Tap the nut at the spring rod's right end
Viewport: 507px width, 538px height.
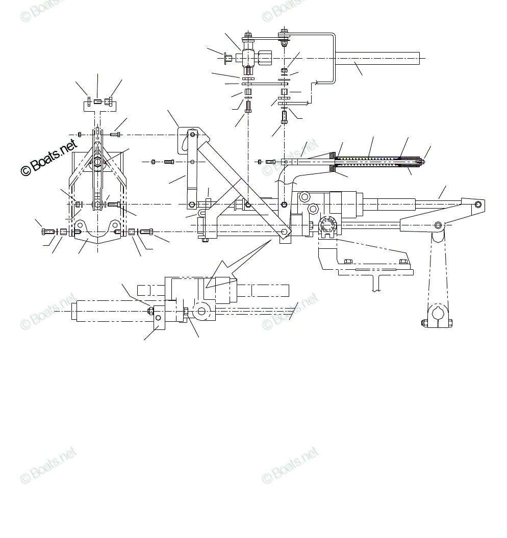(x=421, y=162)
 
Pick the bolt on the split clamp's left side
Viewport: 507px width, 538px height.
(x=424, y=322)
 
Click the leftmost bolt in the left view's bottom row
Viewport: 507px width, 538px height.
(x=47, y=232)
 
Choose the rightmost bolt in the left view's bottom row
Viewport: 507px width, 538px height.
(x=146, y=232)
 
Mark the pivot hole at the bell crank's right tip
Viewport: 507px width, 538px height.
(x=477, y=204)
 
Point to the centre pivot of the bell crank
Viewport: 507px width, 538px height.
(x=438, y=224)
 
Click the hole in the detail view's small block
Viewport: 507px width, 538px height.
(x=158, y=319)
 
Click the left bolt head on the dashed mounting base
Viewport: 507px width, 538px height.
(x=348, y=262)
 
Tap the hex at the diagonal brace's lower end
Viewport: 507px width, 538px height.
(x=284, y=232)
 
